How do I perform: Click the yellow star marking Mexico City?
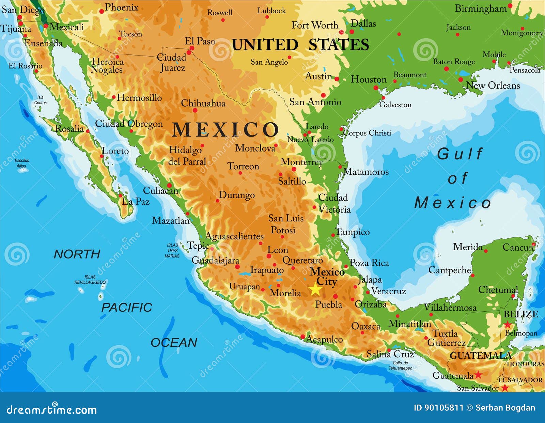pos(315,290)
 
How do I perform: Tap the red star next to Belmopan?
pos(508,324)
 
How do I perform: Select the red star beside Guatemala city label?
pos(478,375)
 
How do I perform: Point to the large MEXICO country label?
pos(225,130)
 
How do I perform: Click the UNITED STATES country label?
pos(300,45)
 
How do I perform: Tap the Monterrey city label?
pos(301,162)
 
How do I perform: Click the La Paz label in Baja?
pos(136,201)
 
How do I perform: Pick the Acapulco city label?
pos(324,339)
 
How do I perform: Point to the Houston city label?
pos(369,79)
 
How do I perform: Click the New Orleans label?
pos(493,85)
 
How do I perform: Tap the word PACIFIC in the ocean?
pos(127,307)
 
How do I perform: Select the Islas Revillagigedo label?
pos(90,280)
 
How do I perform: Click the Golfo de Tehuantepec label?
pos(400,365)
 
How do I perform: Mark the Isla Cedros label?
pos(40,100)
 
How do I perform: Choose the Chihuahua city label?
pos(203,103)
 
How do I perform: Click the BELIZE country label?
pos(520,314)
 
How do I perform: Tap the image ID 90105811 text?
pos(438,408)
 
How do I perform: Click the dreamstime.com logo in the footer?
pos(51,410)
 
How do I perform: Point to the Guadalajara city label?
pos(215,261)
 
